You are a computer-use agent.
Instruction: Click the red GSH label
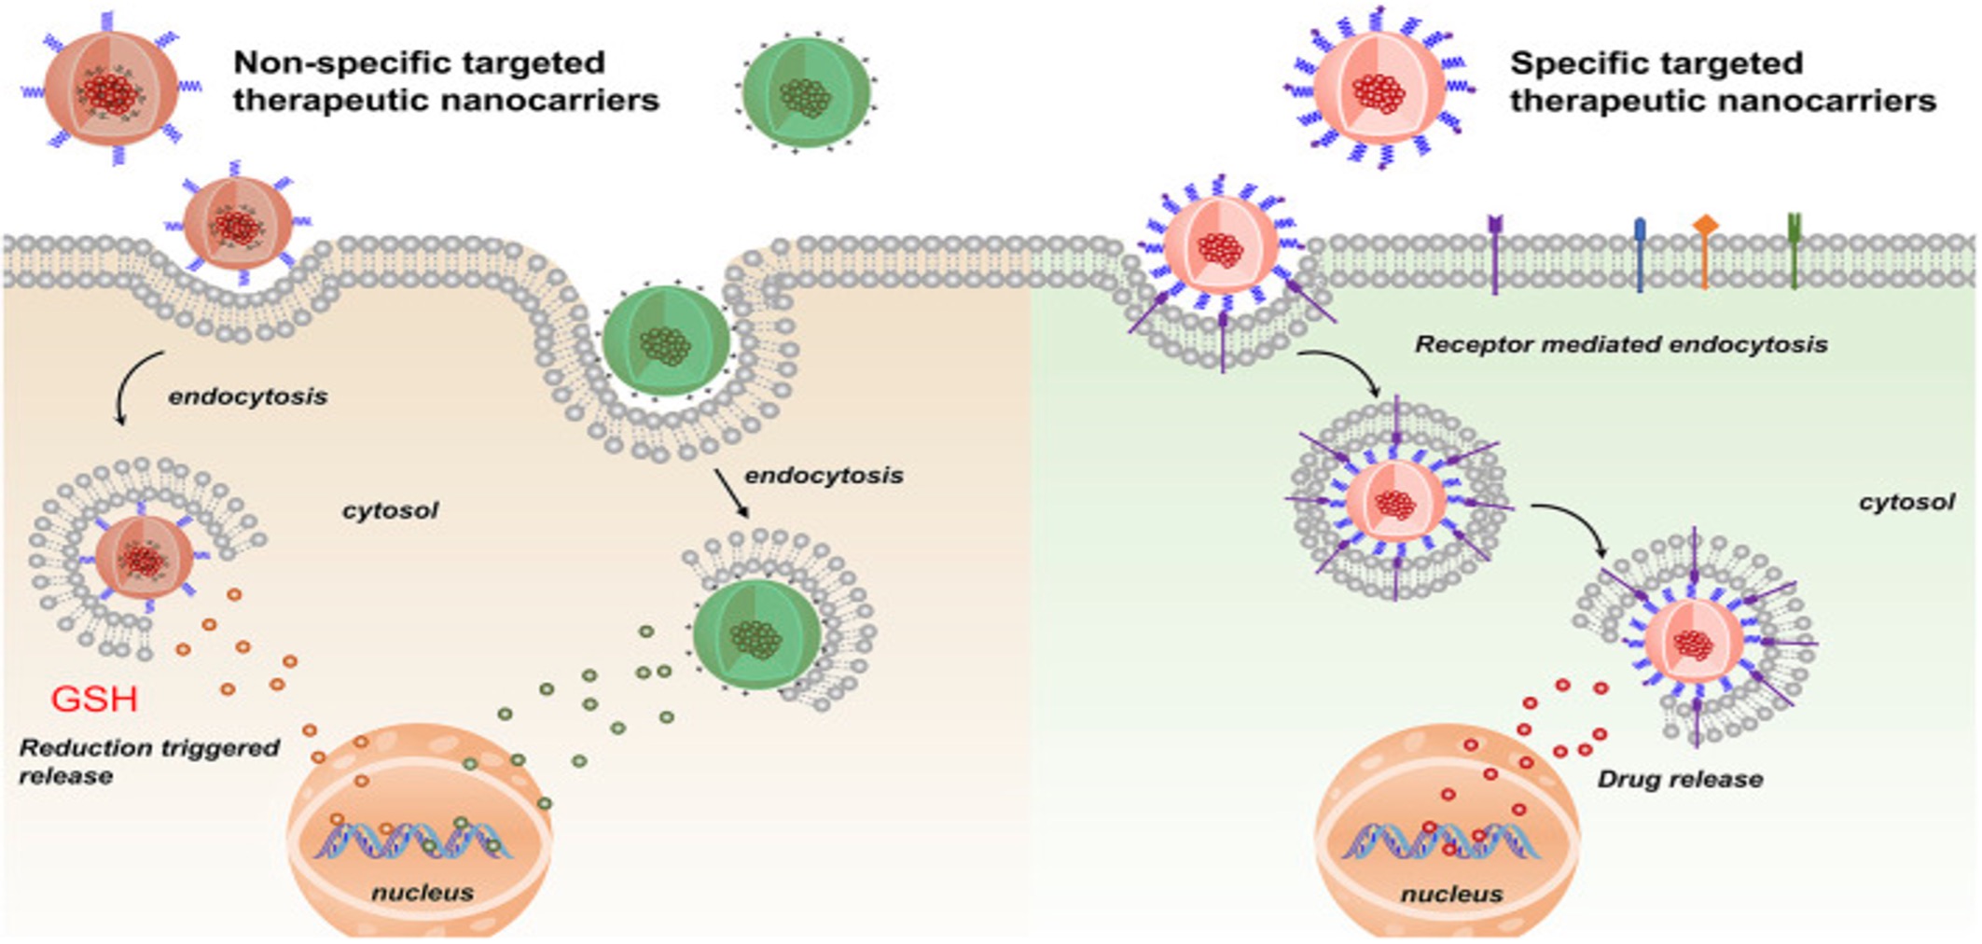tap(94, 699)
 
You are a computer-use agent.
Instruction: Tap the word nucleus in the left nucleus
tap(423, 893)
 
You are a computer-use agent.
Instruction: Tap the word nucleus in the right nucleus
tap(1451, 895)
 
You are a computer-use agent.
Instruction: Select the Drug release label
tap(1680, 779)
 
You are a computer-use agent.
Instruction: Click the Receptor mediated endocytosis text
tap(1621, 344)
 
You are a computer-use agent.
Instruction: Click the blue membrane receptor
tap(1640, 254)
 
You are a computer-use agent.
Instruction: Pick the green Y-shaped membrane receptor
tap(1794, 250)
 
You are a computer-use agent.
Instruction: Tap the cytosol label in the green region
tap(1906, 502)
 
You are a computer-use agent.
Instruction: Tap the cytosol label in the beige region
tap(390, 510)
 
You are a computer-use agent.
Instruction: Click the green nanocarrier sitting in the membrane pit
tap(665, 341)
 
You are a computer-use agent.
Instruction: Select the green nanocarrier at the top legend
tap(806, 91)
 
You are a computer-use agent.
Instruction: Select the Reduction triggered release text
tap(149, 761)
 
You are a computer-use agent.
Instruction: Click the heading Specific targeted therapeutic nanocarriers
tap(1722, 82)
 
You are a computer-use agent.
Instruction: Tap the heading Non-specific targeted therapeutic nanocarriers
tap(446, 81)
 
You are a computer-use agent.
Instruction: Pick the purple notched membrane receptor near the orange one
tap(1495, 252)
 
